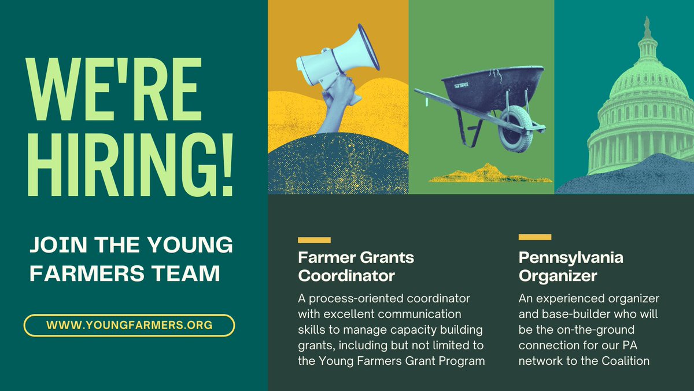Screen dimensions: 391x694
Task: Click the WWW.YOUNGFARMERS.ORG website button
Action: pos(129,326)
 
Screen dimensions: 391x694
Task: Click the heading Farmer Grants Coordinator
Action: pos(356,266)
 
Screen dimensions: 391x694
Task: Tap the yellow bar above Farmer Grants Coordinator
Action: pos(314,240)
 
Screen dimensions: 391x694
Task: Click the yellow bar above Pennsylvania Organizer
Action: pos(535,237)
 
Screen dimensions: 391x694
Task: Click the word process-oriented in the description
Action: pos(353,299)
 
